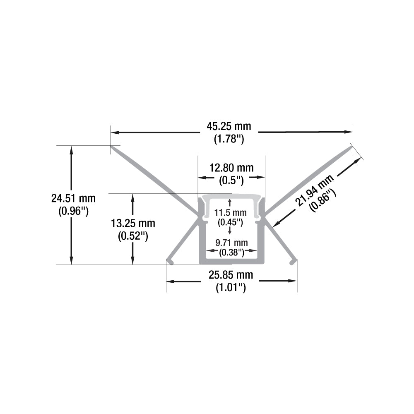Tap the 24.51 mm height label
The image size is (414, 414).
tap(73, 198)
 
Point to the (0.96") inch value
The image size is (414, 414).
tap(73, 212)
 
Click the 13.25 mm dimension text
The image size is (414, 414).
tap(133, 224)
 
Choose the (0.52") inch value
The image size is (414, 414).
tap(133, 237)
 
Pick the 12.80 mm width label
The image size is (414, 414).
tap(231, 168)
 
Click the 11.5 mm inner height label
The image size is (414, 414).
tap(230, 212)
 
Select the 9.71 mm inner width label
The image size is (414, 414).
tap(231, 242)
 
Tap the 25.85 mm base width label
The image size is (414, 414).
tap(231, 274)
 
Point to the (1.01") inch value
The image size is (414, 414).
tap(231, 288)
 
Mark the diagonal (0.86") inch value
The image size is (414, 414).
tap(323, 200)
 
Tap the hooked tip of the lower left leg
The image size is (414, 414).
tap(169, 261)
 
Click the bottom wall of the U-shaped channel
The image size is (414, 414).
tap(231, 260)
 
